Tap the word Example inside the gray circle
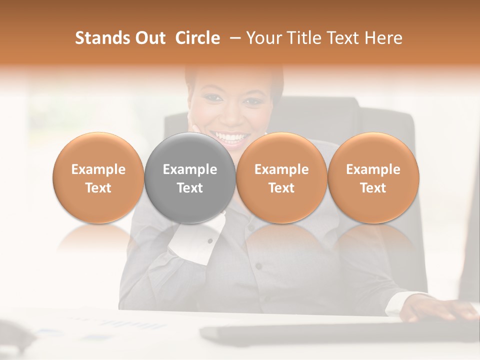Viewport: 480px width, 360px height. tap(190, 169)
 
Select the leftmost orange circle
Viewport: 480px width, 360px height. tap(98, 177)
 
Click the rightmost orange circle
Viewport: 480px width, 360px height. tap(373, 177)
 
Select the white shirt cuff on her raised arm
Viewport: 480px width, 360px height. tap(192, 237)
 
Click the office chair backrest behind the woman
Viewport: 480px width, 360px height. tap(385, 125)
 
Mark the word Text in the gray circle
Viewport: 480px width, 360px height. tap(190, 188)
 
